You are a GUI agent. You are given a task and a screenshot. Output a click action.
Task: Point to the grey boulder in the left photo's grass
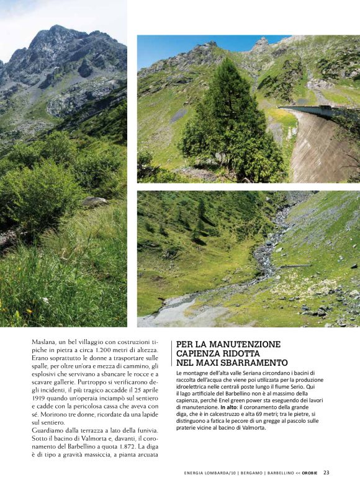point(94,201)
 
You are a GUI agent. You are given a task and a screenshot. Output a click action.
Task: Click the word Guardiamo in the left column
point(52,430)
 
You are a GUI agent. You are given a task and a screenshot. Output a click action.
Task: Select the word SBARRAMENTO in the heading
point(253,362)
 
